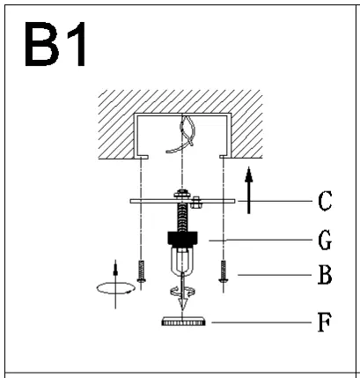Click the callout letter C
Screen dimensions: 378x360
click(x=325, y=201)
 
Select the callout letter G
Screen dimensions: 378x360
click(x=325, y=238)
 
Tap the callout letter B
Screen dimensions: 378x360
click(x=325, y=275)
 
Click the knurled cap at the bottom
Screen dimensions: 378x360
click(x=183, y=322)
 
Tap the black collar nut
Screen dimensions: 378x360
click(x=183, y=238)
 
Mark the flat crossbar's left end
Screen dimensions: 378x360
click(x=133, y=201)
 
